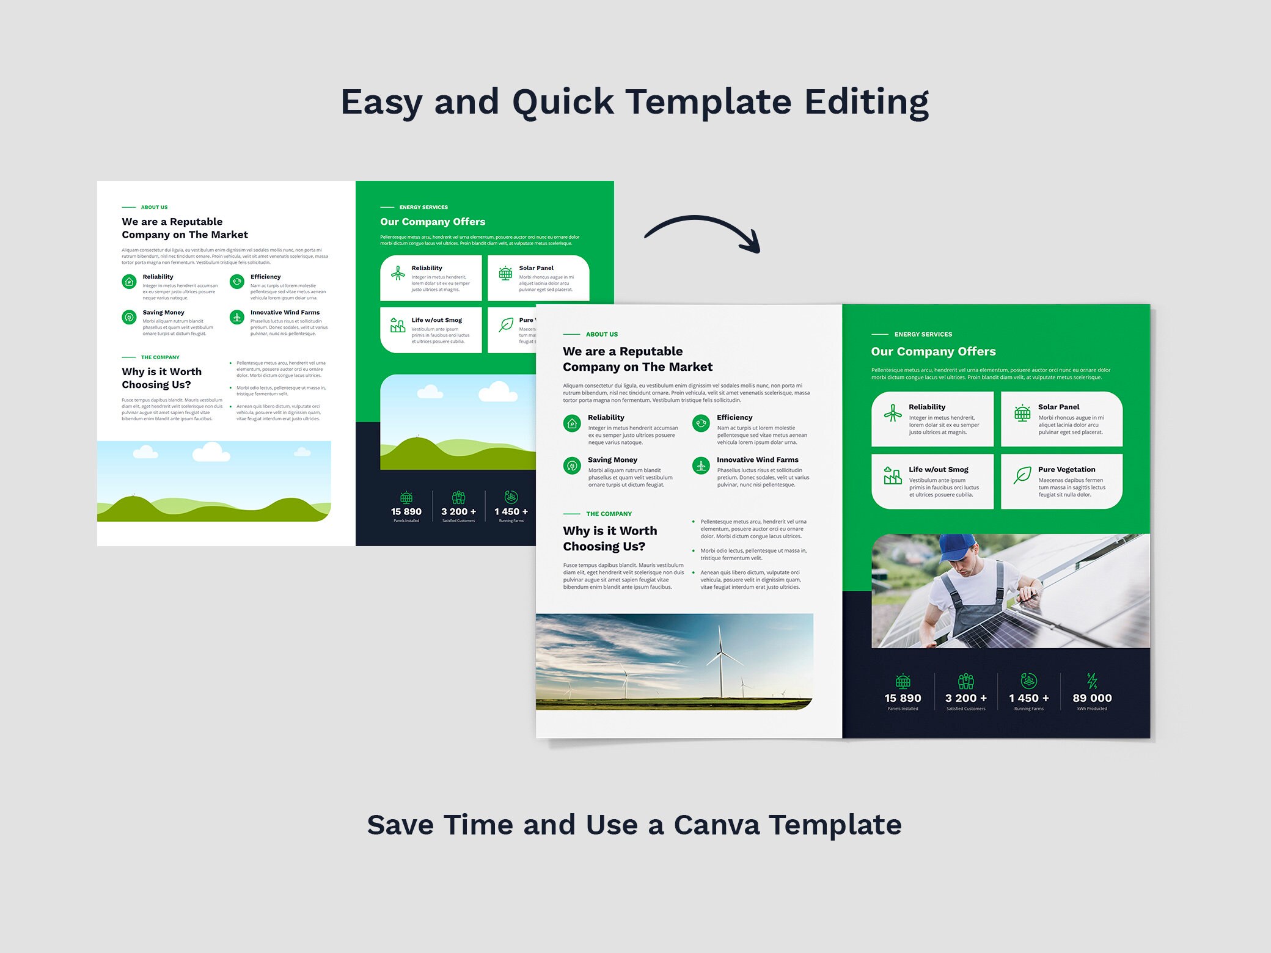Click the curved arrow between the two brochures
(703, 229)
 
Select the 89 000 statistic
(1092, 698)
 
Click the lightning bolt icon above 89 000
(1092, 681)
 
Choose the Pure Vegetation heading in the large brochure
(1066, 469)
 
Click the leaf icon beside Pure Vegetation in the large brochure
(1022, 475)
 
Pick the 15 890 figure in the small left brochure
(406, 512)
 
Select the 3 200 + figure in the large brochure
(965, 698)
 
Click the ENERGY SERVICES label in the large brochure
(923, 334)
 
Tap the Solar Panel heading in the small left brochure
(536, 268)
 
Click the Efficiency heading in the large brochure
(734, 417)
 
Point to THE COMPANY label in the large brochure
(609, 514)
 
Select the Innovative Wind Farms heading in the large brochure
(757, 459)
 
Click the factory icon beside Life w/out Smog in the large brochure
(893, 475)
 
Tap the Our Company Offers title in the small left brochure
(433, 222)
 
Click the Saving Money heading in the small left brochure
(163, 312)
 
